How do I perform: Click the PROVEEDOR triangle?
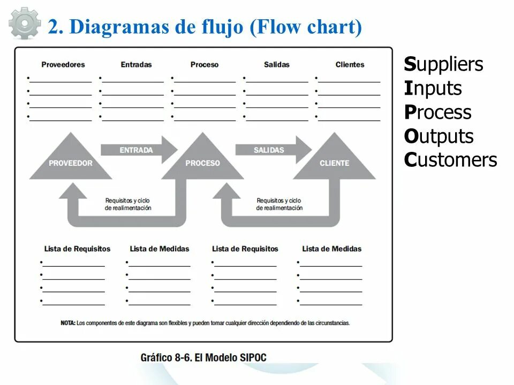pyautogui.click(x=71, y=160)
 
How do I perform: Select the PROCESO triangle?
pyautogui.click(x=202, y=160)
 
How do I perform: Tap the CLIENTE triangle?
pyautogui.click(x=334, y=160)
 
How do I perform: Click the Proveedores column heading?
pyautogui.click(x=63, y=65)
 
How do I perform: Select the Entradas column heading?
pyautogui.click(x=136, y=65)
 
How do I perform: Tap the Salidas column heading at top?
pyautogui.click(x=276, y=65)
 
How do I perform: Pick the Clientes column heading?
pyautogui.click(x=350, y=65)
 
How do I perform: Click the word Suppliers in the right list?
pyautogui.click(x=443, y=65)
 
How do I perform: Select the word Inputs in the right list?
pyautogui.click(x=433, y=88)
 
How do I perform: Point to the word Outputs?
pyautogui.click(x=439, y=136)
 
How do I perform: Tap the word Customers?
pyautogui.click(x=450, y=160)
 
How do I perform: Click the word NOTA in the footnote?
pyautogui.click(x=68, y=323)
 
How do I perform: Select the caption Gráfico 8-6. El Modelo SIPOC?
pyautogui.click(x=203, y=357)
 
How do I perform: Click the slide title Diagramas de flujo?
pyautogui.click(x=145, y=27)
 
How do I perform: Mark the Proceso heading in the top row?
pyautogui.click(x=205, y=65)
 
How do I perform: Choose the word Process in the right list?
pyautogui.click(x=437, y=112)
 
